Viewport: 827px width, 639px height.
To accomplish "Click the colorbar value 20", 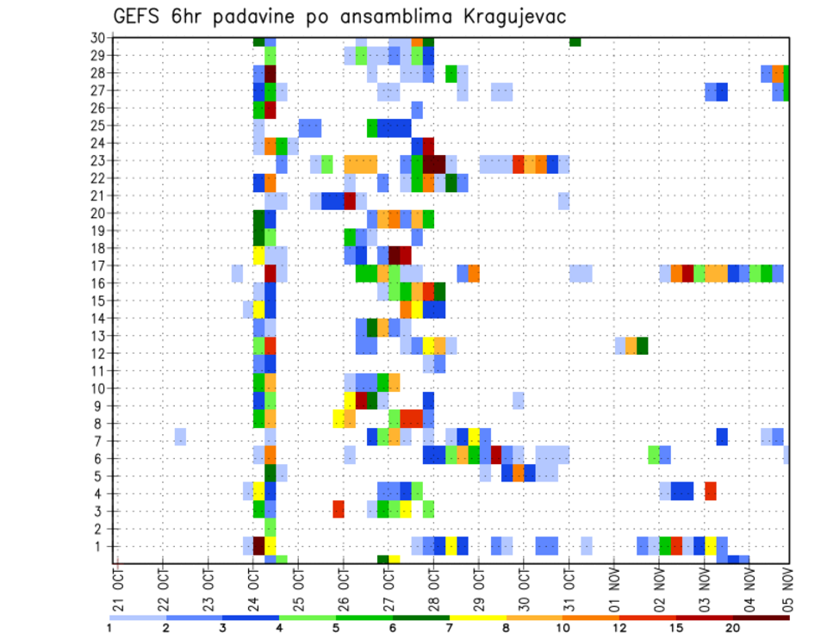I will pyautogui.click(x=733, y=628).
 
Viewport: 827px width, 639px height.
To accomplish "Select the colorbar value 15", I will pyautogui.click(x=676, y=628).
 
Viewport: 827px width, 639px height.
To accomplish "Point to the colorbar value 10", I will pyautogui.click(x=563, y=628).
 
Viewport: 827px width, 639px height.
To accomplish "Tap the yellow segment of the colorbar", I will pyautogui.click(x=477, y=617).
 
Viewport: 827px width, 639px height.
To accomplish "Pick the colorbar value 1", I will pyautogui.click(x=109, y=628).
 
